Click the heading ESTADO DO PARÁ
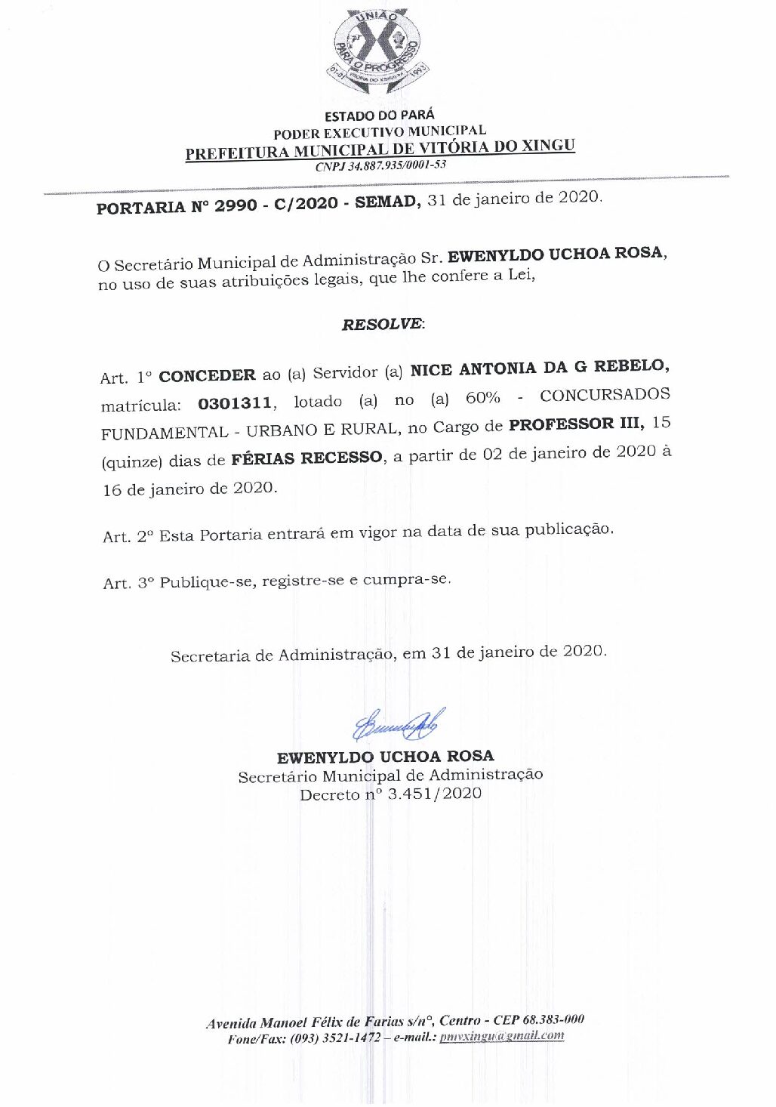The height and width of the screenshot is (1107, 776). [380, 116]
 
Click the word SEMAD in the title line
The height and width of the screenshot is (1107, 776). [385, 202]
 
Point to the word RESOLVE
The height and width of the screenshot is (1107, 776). [382, 324]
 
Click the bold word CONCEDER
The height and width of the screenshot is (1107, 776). [207, 376]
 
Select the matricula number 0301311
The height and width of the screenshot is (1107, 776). [234, 404]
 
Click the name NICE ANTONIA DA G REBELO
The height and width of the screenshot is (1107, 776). [538, 368]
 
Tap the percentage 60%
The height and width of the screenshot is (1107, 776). [482, 397]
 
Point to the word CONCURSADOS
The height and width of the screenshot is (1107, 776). [605, 395]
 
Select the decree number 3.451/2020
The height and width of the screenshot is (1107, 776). [434, 794]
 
